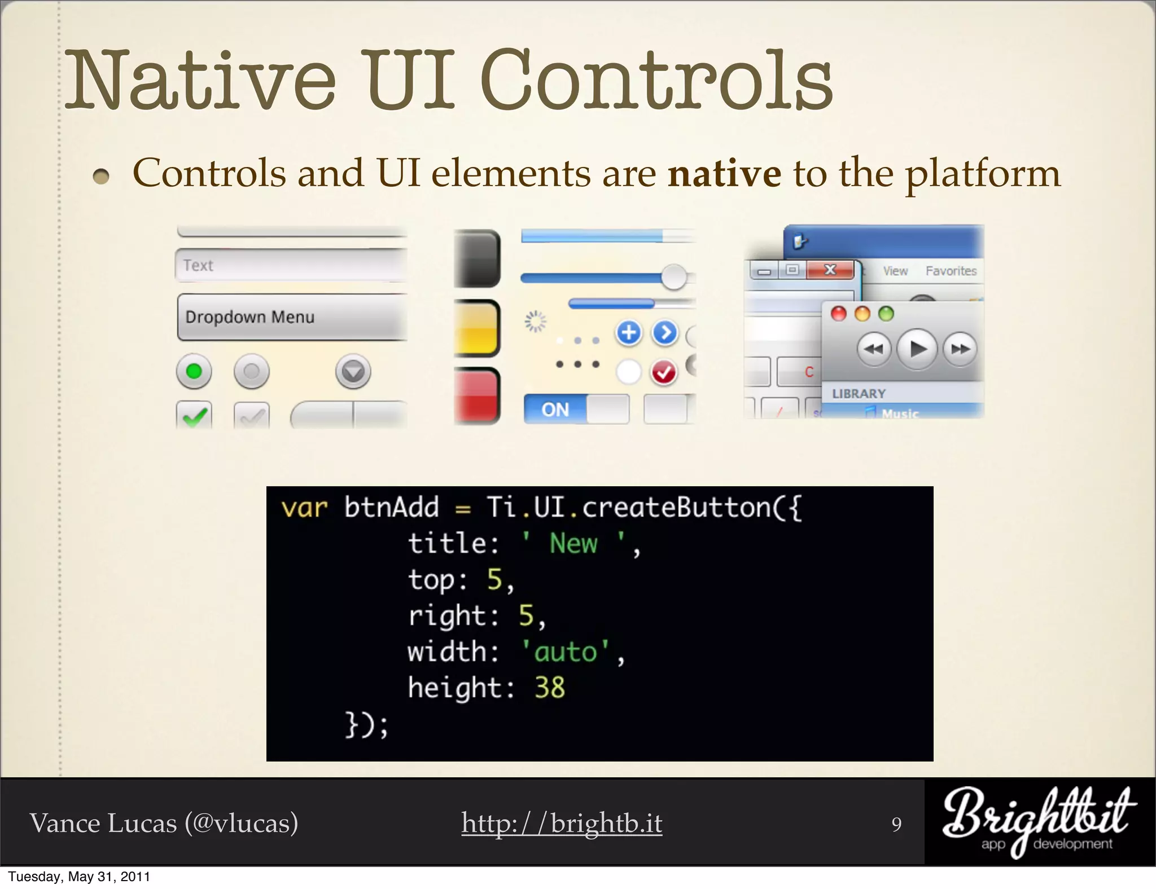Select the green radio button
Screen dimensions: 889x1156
[194, 372]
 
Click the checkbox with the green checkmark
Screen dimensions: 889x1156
[194, 415]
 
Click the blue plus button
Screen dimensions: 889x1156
[629, 333]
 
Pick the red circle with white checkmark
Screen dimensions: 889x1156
[664, 372]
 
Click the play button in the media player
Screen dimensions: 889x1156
[917, 349]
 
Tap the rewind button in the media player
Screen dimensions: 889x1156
[874, 349]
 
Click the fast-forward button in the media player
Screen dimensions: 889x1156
[960, 349]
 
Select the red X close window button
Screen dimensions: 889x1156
[830, 270]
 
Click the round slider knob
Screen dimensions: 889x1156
[673, 277]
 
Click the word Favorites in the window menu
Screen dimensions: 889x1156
[951, 271]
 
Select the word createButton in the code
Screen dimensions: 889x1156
[677, 508]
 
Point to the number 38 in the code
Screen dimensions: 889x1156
[549, 688]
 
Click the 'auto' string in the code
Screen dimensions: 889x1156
[565, 652]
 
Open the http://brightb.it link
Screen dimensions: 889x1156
[562, 823]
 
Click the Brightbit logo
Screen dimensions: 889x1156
[1039, 821]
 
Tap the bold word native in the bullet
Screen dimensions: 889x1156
[725, 174]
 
